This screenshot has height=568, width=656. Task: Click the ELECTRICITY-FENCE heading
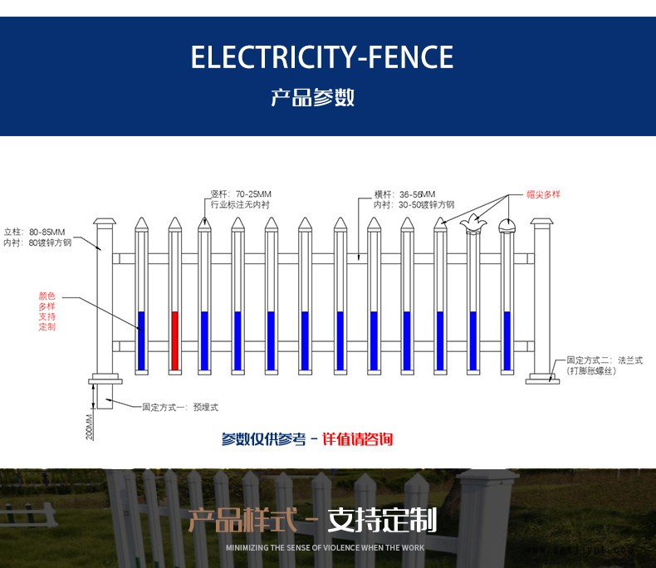[322, 57]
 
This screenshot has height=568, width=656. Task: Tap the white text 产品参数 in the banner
[313, 97]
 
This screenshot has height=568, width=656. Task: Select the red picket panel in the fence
[174, 340]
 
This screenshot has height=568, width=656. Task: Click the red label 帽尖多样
[543, 194]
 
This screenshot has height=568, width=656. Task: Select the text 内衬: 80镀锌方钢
[38, 243]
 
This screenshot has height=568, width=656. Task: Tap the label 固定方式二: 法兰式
[604, 360]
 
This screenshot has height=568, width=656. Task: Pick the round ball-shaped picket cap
[507, 225]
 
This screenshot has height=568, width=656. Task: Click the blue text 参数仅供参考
[263, 439]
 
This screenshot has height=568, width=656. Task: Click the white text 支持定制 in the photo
[382, 521]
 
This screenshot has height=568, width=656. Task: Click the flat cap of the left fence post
[105, 223]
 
